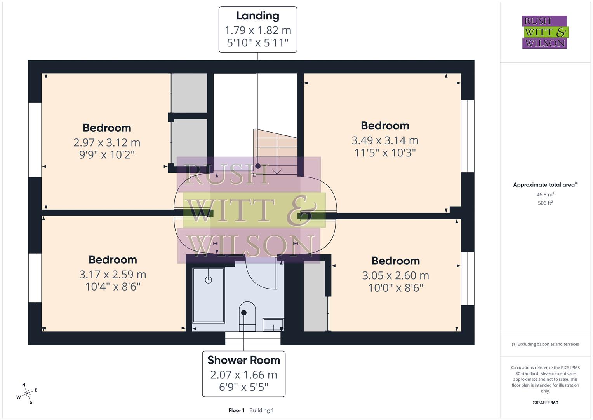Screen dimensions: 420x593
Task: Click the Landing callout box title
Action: point(257,16)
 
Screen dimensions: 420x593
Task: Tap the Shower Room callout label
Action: point(243,360)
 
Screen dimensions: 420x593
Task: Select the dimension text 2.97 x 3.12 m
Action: point(107,142)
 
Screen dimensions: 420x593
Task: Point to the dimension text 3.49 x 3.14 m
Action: point(385,140)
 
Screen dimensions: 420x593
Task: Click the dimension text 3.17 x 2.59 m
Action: point(113,275)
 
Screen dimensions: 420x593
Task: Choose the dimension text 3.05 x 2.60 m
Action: point(395,275)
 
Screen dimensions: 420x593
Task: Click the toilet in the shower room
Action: point(247,315)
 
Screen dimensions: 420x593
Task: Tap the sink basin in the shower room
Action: point(273,324)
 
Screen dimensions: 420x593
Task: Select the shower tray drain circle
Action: point(209,280)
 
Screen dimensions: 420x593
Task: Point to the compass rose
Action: point(27,394)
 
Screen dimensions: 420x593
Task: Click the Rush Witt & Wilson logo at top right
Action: point(544,32)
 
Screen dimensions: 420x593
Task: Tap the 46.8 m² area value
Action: point(545,194)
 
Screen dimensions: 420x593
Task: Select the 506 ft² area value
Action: point(545,203)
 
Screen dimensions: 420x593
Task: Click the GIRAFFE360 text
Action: point(545,403)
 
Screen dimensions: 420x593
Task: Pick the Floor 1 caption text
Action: point(236,410)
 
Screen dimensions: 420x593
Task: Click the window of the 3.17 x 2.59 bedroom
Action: point(35,278)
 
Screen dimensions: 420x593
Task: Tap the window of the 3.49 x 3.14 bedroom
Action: point(468,136)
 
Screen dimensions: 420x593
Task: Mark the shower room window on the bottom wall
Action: point(253,338)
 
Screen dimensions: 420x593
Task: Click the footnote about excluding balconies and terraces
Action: point(545,344)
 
